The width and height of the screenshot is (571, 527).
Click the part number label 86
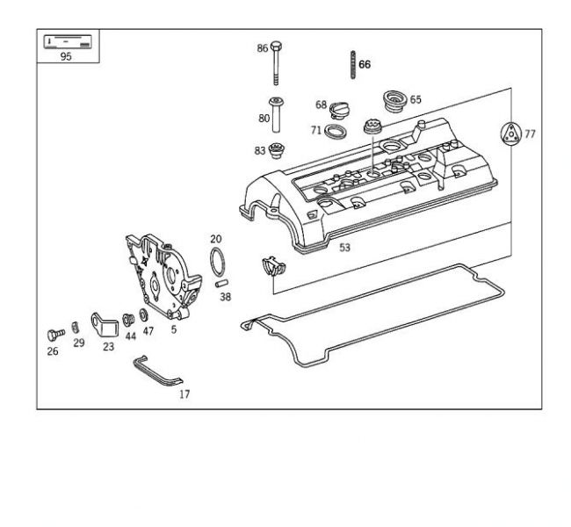point(262,48)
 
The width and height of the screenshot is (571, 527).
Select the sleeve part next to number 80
point(278,112)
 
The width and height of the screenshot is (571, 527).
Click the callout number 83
point(260,150)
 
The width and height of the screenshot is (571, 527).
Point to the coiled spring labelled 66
point(351,64)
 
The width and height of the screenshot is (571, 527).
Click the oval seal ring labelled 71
point(334,132)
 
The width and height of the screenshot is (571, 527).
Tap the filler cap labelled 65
point(392,100)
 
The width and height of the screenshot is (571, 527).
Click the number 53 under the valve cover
point(344,248)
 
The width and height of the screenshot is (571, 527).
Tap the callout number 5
point(173,330)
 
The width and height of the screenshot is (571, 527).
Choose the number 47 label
point(148,333)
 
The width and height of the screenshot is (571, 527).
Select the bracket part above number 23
point(105,324)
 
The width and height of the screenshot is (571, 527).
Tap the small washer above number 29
point(76,328)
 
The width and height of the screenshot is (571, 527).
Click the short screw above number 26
point(54,335)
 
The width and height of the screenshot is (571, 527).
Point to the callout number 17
point(184,394)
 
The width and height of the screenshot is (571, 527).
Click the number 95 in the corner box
point(66,56)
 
